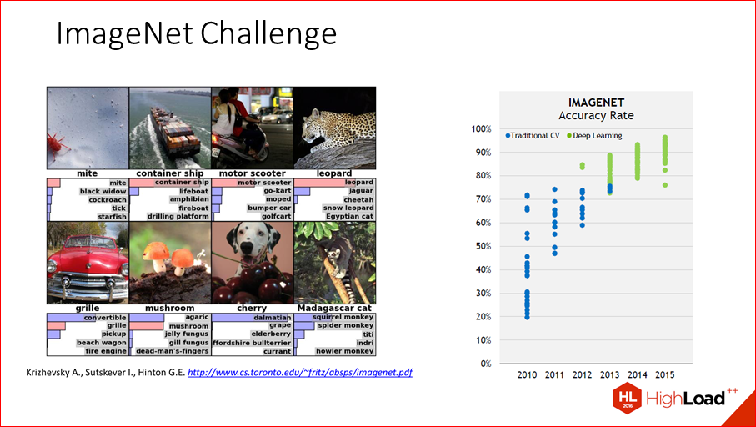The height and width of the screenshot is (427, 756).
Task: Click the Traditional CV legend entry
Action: pyautogui.click(x=533, y=136)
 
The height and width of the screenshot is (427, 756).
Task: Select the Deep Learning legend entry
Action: pyautogui.click(x=594, y=136)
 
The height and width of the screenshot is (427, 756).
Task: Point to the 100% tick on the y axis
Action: pyautogui.click(x=481, y=128)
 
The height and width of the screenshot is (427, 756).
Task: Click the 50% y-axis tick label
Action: pyautogui.click(x=483, y=246)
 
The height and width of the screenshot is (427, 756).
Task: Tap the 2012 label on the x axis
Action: pyautogui.click(x=582, y=375)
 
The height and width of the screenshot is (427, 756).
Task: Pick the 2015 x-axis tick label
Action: pyautogui.click(x=665, y=375)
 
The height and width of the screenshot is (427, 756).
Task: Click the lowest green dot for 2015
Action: pyautogui.click(x=665, y=185)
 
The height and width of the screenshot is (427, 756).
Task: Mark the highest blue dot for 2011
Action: pyautogui.click(x=554, y=189)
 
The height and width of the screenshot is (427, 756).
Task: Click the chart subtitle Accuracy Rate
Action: pyautogui.click(x=596, y=116)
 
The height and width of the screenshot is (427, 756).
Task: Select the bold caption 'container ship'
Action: pyautogui.click(x=170, y=173)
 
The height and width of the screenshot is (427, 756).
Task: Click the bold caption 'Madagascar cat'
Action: pyautogui.click(x=334, y=308)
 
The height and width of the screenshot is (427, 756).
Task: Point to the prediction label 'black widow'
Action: pyautogui.click(x=103, y=192)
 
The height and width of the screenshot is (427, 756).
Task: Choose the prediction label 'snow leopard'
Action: pyautogui.click(x=348, y=208)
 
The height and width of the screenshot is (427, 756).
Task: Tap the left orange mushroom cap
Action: pyautogui.click(x=156, y=251)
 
